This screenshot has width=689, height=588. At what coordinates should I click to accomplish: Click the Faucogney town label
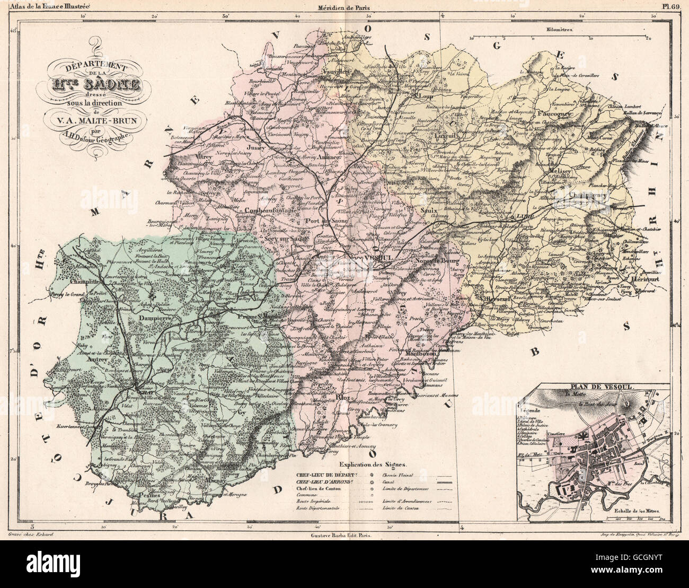[x=556, y=113]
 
